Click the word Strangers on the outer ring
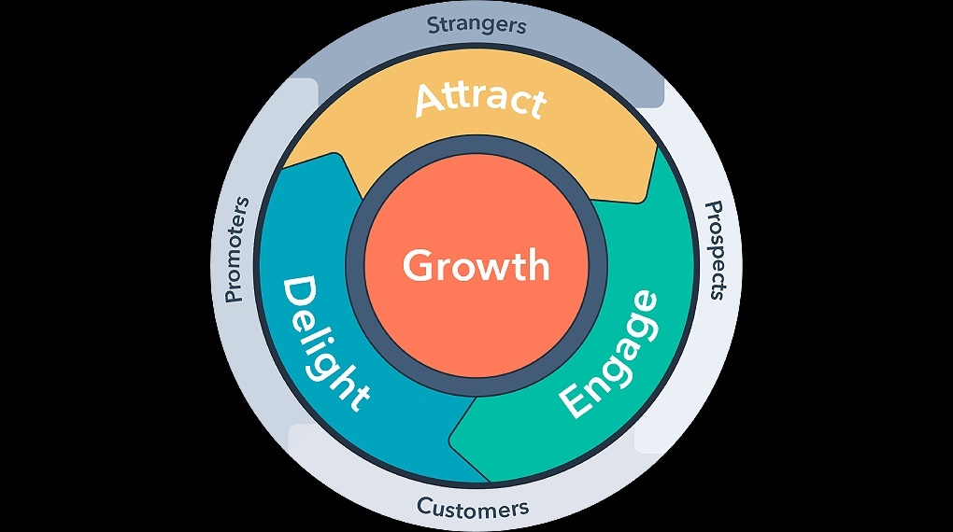point(476,24)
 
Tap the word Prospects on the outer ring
point(715,250)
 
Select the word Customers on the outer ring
point(473,509)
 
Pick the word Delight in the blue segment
point(324,343)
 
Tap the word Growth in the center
point(476,266)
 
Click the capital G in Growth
point(417,265)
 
